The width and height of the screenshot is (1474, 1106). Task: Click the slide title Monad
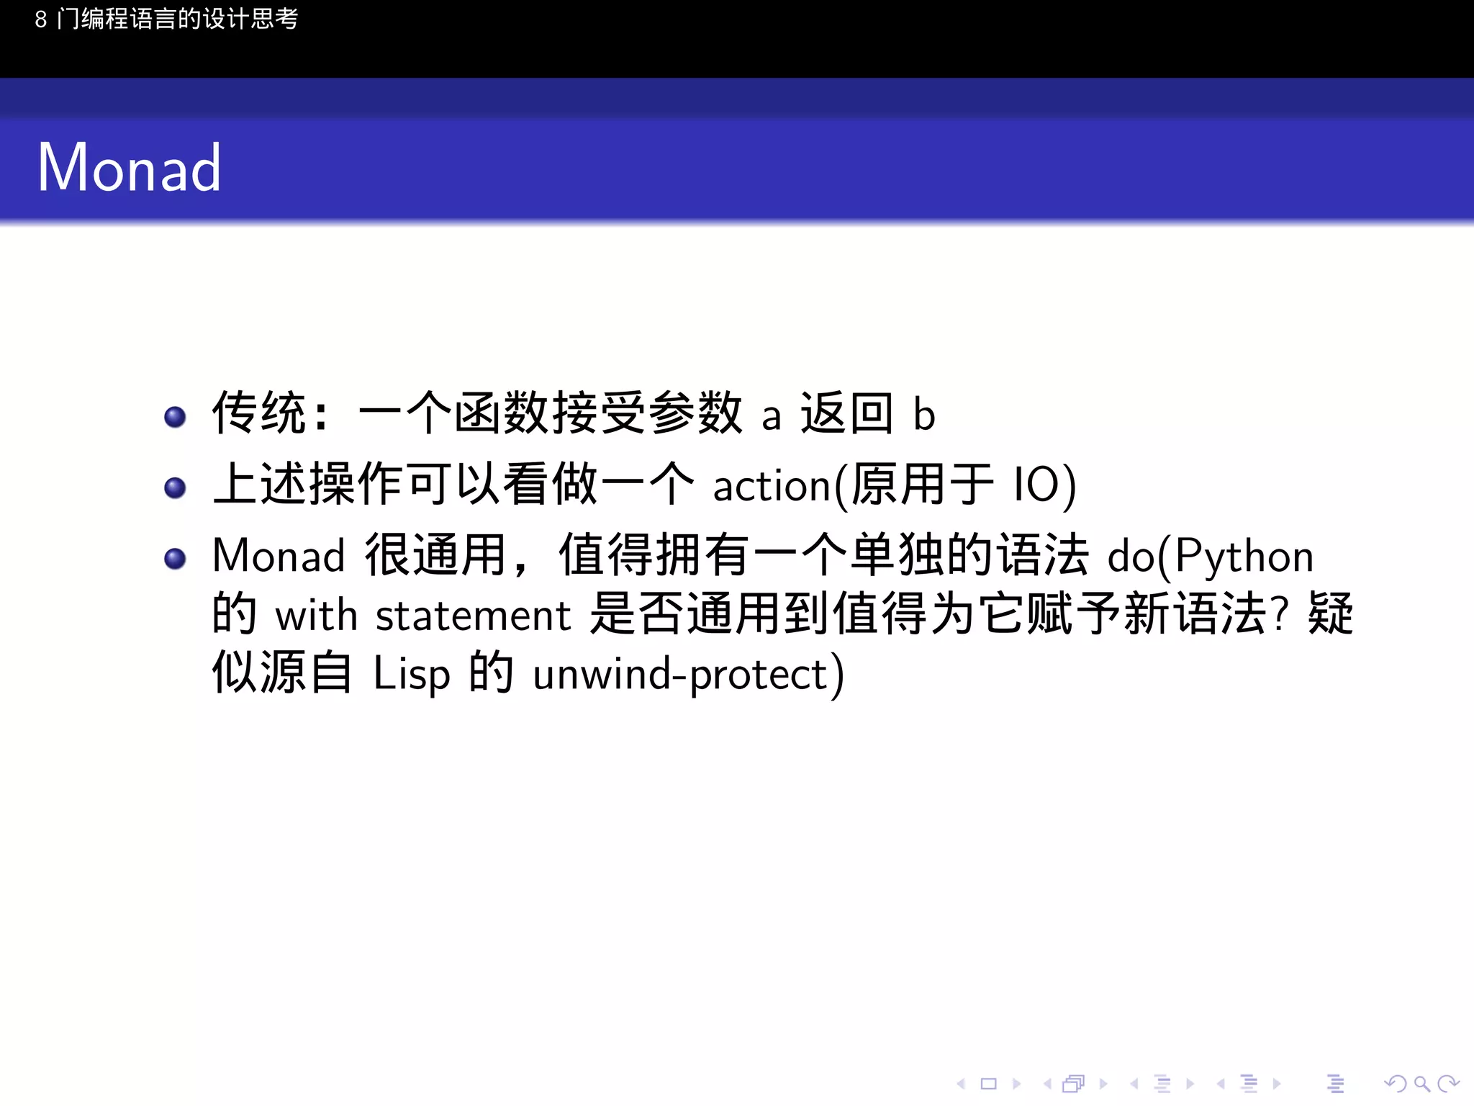(129, 168)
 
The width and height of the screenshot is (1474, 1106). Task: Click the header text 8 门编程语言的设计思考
(166, 19)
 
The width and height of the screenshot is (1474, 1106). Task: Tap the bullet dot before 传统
(175, 417)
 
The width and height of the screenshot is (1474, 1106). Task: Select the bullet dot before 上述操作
(175, 488)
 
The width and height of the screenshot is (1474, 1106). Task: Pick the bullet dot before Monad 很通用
(175, 559)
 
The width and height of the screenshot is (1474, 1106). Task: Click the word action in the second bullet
(772, 487)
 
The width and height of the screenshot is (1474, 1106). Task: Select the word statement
(473, 616)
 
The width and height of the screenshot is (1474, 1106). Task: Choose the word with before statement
(316, 616)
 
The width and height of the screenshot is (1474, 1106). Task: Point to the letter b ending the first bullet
(924, 415)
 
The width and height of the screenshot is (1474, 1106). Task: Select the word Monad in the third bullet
(279, 557)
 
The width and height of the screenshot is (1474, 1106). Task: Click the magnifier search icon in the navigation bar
(1421, 1084)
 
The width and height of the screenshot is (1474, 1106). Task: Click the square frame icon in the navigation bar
(988, 1084)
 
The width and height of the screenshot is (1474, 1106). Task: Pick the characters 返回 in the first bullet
(846, 414)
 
